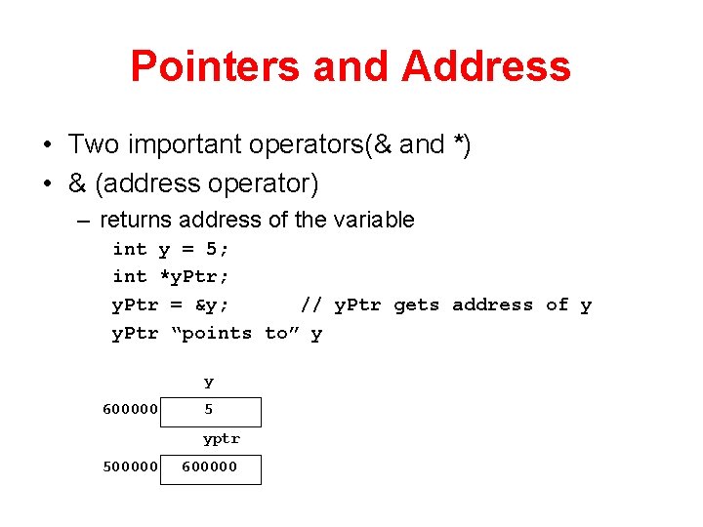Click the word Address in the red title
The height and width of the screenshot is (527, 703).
pyautogui.click(x=485, y=66)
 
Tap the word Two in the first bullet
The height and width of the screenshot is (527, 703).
pyautogui.click(x=93, y=144)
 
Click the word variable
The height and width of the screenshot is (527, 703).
pyautogui.click(x=375, y=220)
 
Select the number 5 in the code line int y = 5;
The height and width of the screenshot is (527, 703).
pyautogui.click(x=212, y=249)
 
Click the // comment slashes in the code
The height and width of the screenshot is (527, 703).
pyautogui.click(x=311, y=305)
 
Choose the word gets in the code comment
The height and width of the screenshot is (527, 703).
pyautogui.click(x=417, y=305)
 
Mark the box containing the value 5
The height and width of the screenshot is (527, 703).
pyautogui.click(x=225, y=411)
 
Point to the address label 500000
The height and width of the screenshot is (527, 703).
pyautogui.click(x=130, y=466)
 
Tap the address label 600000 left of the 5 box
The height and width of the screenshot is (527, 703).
pyautogui.click(x=130, y=410)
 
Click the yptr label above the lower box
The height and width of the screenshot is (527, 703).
pyautogui.click(x=222, y=439)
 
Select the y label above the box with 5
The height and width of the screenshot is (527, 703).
pyautogui.click(x=209, y=383)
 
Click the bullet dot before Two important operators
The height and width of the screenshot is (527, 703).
pyautogui.click(x=47, y=145)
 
